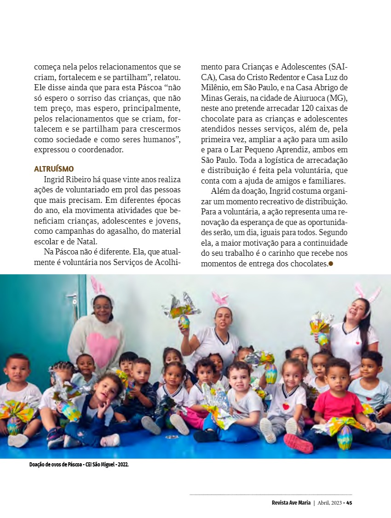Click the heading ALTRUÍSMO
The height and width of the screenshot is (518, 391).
coord(54,169)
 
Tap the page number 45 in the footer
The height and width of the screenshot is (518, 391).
coord(349,503)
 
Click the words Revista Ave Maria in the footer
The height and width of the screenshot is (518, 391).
coord(291,503)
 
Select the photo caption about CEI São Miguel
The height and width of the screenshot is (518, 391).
coord(79,465)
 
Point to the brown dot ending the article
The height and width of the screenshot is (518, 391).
coord(330,264)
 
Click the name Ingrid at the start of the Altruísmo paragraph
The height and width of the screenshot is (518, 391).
coord(54,179)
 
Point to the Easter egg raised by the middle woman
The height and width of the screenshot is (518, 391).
coord(184,321)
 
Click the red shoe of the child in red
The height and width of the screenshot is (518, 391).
coord(297,443)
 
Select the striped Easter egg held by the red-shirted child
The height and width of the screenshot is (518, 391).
coord(345,437)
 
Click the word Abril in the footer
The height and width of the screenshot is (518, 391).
coord(325,503)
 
